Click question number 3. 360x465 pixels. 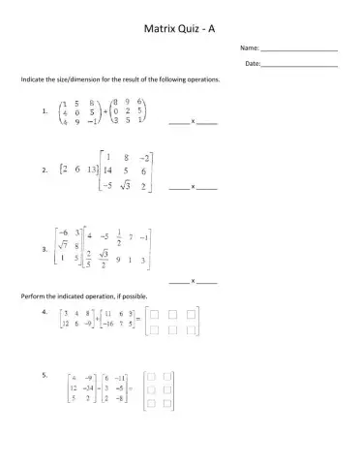tap(45, 249)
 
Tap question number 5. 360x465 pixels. tap(45, 374)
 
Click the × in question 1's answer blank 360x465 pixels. tap(194, 122)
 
